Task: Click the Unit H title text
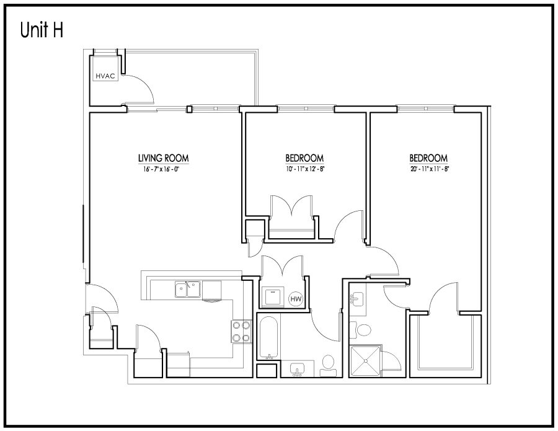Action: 42,30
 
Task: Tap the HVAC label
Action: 105,76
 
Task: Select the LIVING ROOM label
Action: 163,158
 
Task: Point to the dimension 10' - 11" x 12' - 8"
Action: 305,169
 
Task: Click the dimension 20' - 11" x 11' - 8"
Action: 429,169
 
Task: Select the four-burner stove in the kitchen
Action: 241,331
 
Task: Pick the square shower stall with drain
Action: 365,361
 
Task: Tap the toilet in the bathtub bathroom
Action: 328,365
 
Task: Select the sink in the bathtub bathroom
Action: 297,369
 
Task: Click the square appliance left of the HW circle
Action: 272,297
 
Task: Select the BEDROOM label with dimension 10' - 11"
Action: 304,158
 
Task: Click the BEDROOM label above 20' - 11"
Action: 428,158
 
